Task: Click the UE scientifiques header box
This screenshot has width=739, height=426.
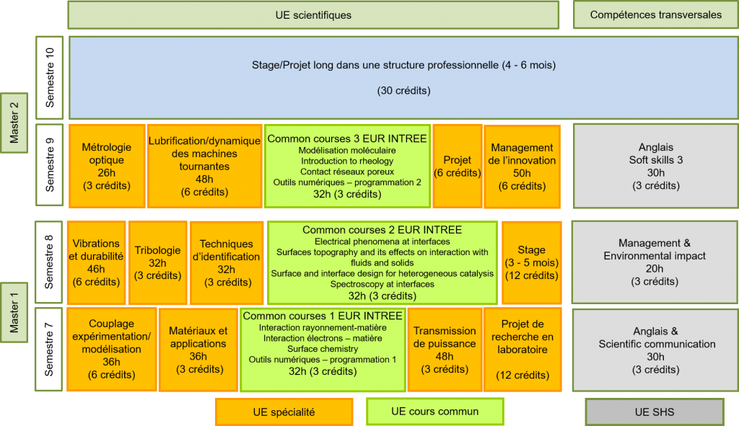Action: [313, 15]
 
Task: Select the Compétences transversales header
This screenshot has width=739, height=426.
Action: [655, 15]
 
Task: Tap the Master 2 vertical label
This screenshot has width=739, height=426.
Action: [14, 123]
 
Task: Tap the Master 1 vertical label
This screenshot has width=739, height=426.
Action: [14, 309]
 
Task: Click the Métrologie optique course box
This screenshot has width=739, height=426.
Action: [106, 167]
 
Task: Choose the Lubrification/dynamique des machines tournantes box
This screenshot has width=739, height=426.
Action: [204, 167]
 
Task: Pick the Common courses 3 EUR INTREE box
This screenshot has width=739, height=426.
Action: [346, 166]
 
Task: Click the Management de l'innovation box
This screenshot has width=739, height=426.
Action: [522, 167]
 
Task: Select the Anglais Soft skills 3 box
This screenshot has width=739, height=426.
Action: [655, 167]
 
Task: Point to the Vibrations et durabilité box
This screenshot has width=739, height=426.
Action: [96, 263]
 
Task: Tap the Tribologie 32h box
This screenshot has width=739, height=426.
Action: [157, 263]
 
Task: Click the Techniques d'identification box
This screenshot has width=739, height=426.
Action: [226, 263]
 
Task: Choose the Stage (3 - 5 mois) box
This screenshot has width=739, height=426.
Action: [531, 263]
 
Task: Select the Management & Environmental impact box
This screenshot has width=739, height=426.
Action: [655, 262]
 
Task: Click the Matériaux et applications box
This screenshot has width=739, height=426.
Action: [198, 350]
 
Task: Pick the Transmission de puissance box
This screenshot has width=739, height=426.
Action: [445, 350]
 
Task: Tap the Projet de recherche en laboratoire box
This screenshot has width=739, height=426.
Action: [522, 350]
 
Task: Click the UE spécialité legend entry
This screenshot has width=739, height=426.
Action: [284, 412]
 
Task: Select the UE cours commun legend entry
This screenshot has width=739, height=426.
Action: [434, 412]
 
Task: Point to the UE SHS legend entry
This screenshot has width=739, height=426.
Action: [654, 412]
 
